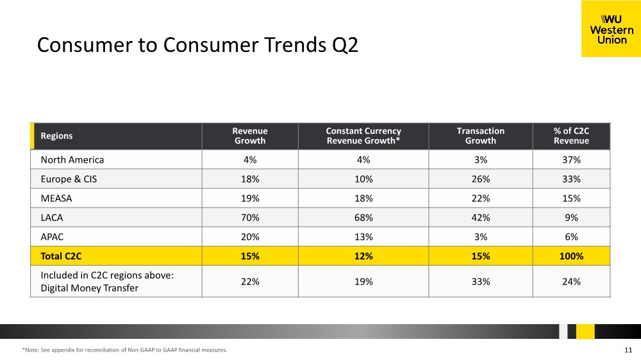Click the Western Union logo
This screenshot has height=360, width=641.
pyautogui.click(x=611, y=29)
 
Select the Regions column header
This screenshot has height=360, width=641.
pyautogui.click(x=56, y=136)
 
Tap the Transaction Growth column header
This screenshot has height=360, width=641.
pyautogui.click(x=480, y=136)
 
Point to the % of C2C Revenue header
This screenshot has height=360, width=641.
pyautogui.click(x=571, y=136)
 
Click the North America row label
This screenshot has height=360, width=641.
pyautogui.click(x=72, y=160)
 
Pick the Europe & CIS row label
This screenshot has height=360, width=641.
pyautogui.click(x=69, y=179)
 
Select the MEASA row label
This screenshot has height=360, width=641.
pyautogui.click(x=56, y=198)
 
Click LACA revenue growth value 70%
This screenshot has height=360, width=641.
pyautogui.click(x=250, y=217)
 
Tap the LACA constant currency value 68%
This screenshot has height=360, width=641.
pyautogui.click(x=363, y=217)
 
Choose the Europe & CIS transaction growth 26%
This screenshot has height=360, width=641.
pyautogui.click(x=480, y=179)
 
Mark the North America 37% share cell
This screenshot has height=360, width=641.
pyautogui.click(x=571, y=160)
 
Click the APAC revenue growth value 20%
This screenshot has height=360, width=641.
pyautogui.click(x=250, y=236)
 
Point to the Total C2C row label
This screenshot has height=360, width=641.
pyautogui.click(x=61, y=256)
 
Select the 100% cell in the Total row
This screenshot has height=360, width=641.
pyautogui.click(x=571, y=256)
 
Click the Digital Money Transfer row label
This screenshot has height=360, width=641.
pyautogui.click(x=90, y=288)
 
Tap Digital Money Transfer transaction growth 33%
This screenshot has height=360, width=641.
pyautogui.click(x=480, y=282)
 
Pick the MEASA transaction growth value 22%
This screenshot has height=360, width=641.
pyautogui.click(x=480, y=198)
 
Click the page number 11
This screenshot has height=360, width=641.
pyautogui.click(x=628, y=350)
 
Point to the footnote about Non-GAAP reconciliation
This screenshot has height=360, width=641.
pyautogui.click(x=125, y=350)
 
